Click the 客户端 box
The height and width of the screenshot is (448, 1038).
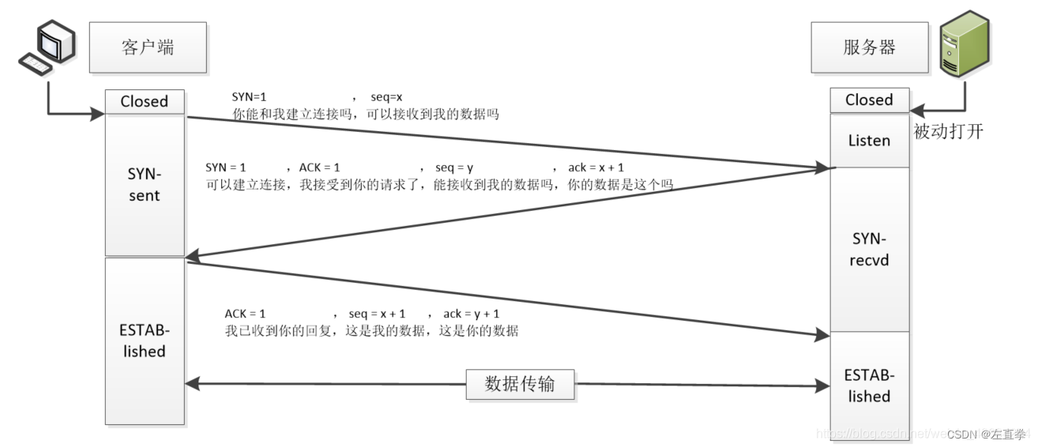(148, 47)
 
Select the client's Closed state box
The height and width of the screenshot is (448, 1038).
(145, 101)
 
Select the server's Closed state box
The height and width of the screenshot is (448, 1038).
(869, 100)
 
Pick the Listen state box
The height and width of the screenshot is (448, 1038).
(869, 141)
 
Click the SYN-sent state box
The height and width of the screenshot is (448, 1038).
(145, 186)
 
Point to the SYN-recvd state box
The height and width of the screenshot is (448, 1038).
(869, 249)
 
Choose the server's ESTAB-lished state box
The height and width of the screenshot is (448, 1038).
(869, 385)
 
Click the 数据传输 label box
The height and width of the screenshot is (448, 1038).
(520, 384)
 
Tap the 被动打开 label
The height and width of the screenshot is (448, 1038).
(948, 132)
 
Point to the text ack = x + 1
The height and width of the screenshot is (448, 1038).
(596, 168)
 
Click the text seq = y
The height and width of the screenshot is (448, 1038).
(454, 168)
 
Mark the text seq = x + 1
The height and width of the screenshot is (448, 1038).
(377, 314)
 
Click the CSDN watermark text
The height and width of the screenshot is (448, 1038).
(987, 434)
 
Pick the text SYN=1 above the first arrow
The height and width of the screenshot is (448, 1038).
(249, 97)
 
